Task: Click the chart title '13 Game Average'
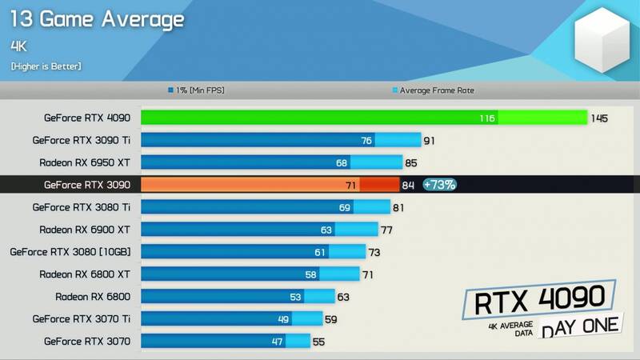[97, 18]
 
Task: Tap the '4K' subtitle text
[19, 46]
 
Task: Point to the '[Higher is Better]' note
[46, 66]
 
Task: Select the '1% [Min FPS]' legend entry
[196, 90]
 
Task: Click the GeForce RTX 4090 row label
[87, 118]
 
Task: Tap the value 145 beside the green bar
[599, 118]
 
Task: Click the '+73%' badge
[439, 185]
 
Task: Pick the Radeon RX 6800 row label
[93, 297]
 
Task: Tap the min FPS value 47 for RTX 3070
[277, 342]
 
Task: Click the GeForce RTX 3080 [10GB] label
[70, 252]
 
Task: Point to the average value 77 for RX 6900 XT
[387, 230]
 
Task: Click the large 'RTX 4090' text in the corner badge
[539, 302]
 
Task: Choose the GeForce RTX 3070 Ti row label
[82, 319]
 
